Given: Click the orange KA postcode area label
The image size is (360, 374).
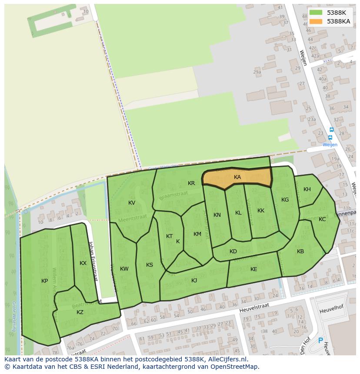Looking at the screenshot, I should (237, 177).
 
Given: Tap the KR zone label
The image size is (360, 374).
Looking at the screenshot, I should (191, 183).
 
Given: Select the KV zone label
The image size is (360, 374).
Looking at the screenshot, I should (132, 203).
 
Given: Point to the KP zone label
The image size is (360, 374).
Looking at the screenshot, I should (45, 281).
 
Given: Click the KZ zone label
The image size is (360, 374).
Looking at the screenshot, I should (80, 312).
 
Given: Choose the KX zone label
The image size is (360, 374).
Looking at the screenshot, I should (83, 263).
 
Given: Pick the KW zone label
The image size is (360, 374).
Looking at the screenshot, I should (124, 269).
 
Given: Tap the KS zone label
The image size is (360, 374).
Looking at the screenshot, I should (150, 265).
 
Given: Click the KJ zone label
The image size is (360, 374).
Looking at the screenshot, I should (194, 281).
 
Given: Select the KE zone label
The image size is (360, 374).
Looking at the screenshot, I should (254, 269).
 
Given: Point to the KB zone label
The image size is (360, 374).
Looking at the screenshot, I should (300, 252).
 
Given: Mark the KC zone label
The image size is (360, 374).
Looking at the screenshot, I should (322, 219).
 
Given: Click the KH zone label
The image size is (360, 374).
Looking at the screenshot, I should (307, 189).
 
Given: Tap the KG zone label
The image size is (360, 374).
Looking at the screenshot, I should (285, 200).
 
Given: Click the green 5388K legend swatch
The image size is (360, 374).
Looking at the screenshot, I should (316, 13).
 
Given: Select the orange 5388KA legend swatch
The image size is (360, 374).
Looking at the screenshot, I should (316, 21).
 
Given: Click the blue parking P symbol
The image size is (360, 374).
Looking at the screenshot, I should (321, 341).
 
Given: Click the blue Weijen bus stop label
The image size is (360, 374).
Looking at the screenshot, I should (330, 145).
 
